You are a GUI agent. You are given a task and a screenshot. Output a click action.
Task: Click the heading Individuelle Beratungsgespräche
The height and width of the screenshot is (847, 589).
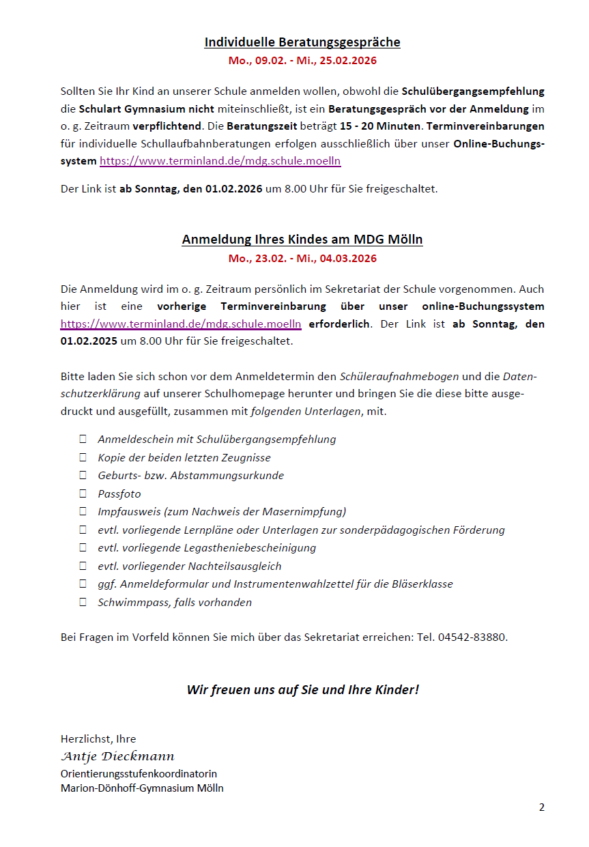[302, 42]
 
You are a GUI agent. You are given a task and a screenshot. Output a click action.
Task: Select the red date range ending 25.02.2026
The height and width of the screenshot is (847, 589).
[302, 61]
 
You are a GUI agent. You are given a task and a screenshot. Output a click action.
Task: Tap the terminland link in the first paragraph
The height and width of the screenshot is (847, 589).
[220, 162]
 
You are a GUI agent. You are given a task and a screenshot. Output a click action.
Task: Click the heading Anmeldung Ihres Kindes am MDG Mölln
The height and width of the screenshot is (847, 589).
[302, 240]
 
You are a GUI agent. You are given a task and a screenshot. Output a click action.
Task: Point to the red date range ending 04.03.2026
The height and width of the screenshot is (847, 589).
[302, 259]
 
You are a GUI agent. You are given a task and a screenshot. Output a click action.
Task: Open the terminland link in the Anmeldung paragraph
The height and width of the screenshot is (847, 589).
[181, 324]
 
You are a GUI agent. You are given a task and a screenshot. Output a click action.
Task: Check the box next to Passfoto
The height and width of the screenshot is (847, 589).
[83, 493]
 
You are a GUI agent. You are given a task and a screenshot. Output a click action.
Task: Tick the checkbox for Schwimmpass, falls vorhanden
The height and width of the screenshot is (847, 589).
[83, 602]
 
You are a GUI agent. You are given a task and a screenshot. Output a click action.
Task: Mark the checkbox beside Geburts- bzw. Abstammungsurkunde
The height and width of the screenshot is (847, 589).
[83, 476]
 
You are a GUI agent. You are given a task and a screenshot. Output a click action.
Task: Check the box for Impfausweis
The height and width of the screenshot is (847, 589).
[83, 512]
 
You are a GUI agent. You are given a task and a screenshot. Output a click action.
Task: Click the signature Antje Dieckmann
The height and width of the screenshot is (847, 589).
[117, 757]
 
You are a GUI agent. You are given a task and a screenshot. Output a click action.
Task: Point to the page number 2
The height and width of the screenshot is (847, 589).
[542, 807]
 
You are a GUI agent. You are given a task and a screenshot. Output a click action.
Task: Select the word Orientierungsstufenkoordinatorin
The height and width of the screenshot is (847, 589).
[139, 774]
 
